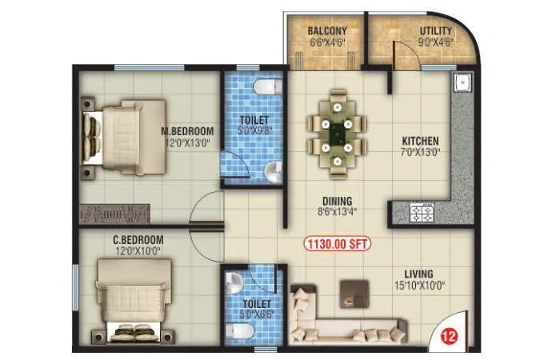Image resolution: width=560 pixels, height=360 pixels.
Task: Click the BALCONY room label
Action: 326,32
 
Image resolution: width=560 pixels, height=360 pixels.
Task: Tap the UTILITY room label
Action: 435,32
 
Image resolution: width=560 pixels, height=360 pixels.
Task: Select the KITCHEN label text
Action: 420,140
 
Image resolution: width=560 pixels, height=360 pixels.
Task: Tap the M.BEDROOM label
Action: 187,131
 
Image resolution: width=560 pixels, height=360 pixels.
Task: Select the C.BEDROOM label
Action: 138,239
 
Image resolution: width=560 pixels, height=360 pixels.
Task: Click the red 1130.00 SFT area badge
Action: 337,245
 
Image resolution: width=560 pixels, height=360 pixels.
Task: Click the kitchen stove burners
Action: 422,212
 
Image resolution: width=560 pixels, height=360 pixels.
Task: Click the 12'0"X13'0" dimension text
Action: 187,143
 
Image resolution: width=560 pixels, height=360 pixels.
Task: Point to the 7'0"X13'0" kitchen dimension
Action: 420,152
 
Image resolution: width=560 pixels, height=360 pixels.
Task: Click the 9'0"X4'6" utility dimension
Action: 435,43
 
